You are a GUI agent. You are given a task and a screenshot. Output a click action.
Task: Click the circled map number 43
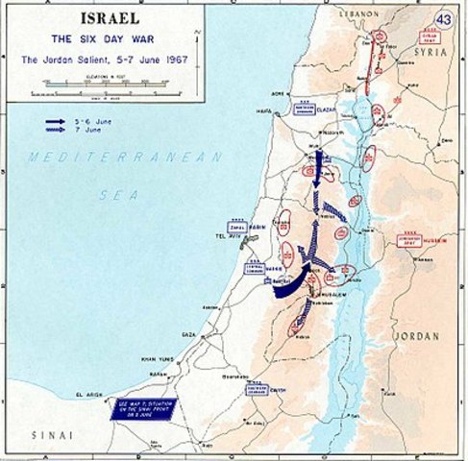point(444,19)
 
